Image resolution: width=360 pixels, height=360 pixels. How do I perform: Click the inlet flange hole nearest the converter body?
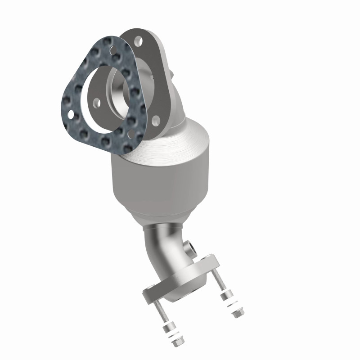[x=155, y=119]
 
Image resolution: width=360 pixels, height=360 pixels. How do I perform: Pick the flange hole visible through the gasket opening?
[x=97, y=103]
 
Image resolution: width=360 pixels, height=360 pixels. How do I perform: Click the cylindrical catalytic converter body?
[x=157, y=180]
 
